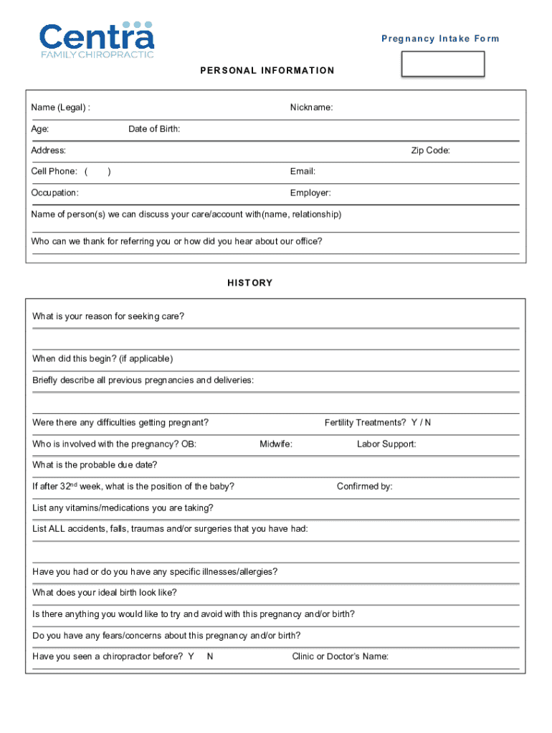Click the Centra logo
[96, 40]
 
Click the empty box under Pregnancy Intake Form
[442, 64]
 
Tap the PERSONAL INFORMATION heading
[267, 71]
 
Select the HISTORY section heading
[250, 283]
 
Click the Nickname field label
[311, 108]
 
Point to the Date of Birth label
[154, 130]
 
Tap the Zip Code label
[430, 151]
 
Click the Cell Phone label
[54, 172]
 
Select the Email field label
[303, 172]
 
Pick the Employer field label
[310, 193]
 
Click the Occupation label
[54, 193]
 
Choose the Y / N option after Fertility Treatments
[421, 423]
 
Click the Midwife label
[275, 445]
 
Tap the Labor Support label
[386, 445]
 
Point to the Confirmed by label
[364, 487]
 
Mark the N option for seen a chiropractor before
[209, 656]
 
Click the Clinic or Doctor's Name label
[340, 656]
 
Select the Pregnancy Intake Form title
[440, 39]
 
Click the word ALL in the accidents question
[57, 529]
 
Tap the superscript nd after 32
[73, 484]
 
